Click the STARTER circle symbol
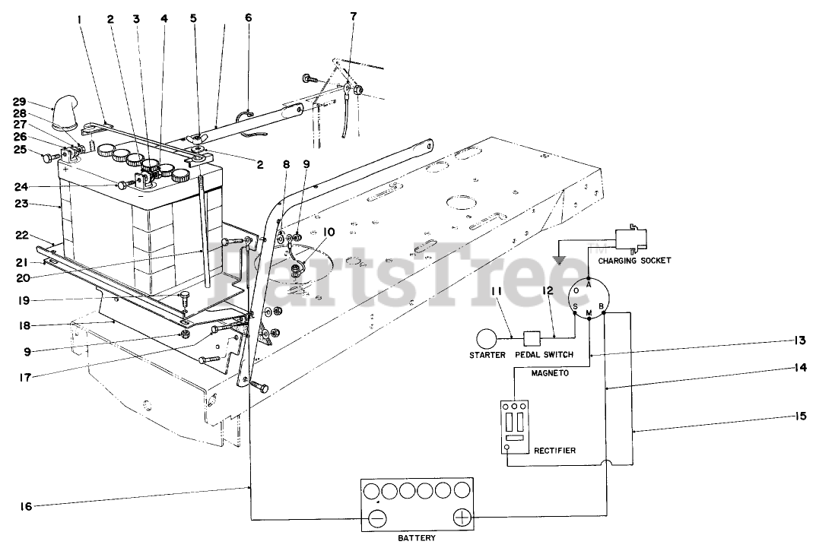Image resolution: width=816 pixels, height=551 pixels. [x=487, y=337]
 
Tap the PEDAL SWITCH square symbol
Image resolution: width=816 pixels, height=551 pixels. [x=532, y=337]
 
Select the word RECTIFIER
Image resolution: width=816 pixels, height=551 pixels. [x=554, y=451]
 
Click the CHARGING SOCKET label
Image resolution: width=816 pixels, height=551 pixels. [x=634, y=260]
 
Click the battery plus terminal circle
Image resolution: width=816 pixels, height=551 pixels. [x=462, y=519]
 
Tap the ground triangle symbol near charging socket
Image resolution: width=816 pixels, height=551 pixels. [x=561, y=260]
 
